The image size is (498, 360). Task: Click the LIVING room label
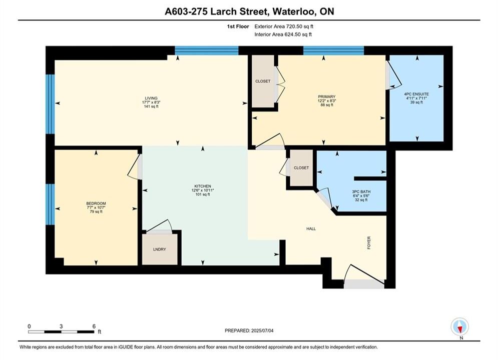click(x=151, y=98)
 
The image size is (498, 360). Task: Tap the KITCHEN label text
click(x=203, y=186)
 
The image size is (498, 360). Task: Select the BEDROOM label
click(x=96, y=203)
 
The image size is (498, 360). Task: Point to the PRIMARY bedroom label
click(x=326, y=96)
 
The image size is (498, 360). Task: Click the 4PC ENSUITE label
click(x=416, y=94)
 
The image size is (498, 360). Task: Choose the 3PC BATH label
click(x=361, y=191)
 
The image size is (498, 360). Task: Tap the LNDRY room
click(x=160, y=249)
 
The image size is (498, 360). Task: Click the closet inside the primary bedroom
click(x=263, y=81)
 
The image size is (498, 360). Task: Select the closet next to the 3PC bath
click(x=301, y=168)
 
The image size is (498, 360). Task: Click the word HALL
click(x=311, y=228)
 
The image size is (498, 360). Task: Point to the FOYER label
click(x=369, y=242)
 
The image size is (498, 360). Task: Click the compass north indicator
click(x=459, y=326)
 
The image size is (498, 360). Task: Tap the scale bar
click(x=61, y=332)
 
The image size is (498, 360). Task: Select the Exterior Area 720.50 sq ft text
click(x=284, y=26)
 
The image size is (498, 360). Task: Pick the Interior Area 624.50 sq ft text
click(x=283, y=34)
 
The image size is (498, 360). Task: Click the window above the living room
click(x=207, y=50)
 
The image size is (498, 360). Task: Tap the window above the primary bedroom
click(x=333, y=50)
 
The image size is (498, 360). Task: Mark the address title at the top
click(x=249, y=11)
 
